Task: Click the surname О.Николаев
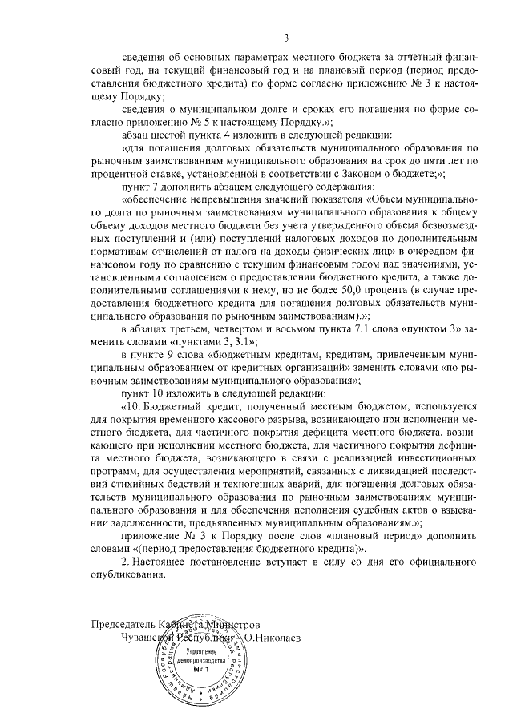281,635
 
